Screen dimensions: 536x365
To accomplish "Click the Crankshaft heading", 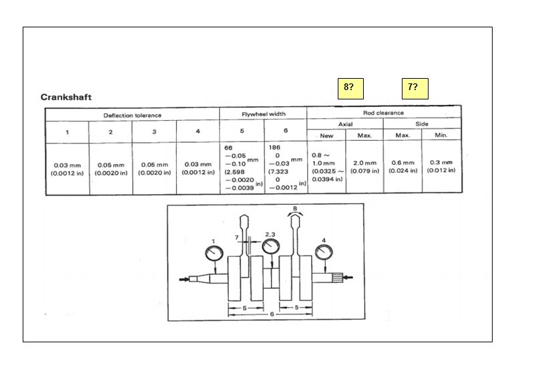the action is pyautogui.click(x=66, y=97).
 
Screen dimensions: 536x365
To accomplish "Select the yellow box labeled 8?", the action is pyautogui.click(x=350, y=89).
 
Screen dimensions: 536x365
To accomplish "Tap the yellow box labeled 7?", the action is pyautogui.click(x=415, y=89).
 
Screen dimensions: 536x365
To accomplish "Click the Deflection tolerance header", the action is pyautogui.click(x=132, y=115).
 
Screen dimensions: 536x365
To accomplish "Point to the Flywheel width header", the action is pyautogui.click(x=264, y=114).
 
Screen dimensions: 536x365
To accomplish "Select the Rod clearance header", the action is pyautogui.click(x=383, y=113).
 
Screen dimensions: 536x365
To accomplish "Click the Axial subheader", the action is pyautogui.click(x=345, y=124).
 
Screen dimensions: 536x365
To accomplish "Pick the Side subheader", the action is pyautogui.click(x=422, y=123).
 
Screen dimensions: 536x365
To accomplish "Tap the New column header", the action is pyautogui.click(x=326, y=135).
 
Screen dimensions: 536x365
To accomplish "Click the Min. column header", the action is pyautogui.click(x=441, y=135).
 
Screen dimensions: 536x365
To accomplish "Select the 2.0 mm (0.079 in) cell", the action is pyautogui.click(x=364, y=167).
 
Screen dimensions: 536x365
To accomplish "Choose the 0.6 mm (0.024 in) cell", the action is pyautogui.click(x=403, y=166).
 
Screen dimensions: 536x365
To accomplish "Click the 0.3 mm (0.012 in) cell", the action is pyautogui.click(x=441, y=166).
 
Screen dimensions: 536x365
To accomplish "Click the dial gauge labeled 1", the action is pyautogui.click(x=214, y=254).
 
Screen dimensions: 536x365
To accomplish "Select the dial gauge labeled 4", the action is pyautogui.click(x=324, y=252).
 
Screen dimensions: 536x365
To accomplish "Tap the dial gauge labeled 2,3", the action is pyautogui.click(x=271, y=246).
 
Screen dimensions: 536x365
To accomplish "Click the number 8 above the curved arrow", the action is pyautogui.click(x=295, y=208).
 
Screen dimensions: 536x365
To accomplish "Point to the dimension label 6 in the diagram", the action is pyautogui.click(x=272, y=314).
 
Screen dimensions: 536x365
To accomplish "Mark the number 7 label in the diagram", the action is pyautogui.click(x=236, y=238).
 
